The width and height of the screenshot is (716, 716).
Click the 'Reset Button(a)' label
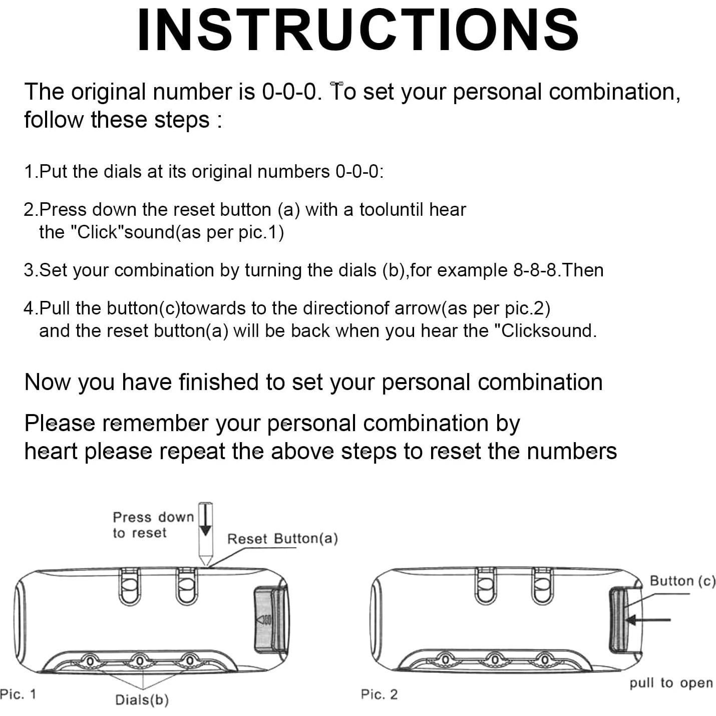point(282,539)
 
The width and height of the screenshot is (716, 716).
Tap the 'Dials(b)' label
point(142,699)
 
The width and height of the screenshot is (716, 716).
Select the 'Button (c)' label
point(682,581)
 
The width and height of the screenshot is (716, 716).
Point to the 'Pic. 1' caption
point(18,694)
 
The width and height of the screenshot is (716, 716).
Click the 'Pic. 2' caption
point(379,694)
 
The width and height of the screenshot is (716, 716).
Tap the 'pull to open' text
point(671,683)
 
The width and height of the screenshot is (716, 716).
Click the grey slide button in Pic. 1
point(269,620)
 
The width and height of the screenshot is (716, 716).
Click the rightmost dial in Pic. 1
point(190,661)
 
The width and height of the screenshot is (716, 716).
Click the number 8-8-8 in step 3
point(535,270)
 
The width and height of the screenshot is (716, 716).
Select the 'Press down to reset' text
point(153,525)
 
